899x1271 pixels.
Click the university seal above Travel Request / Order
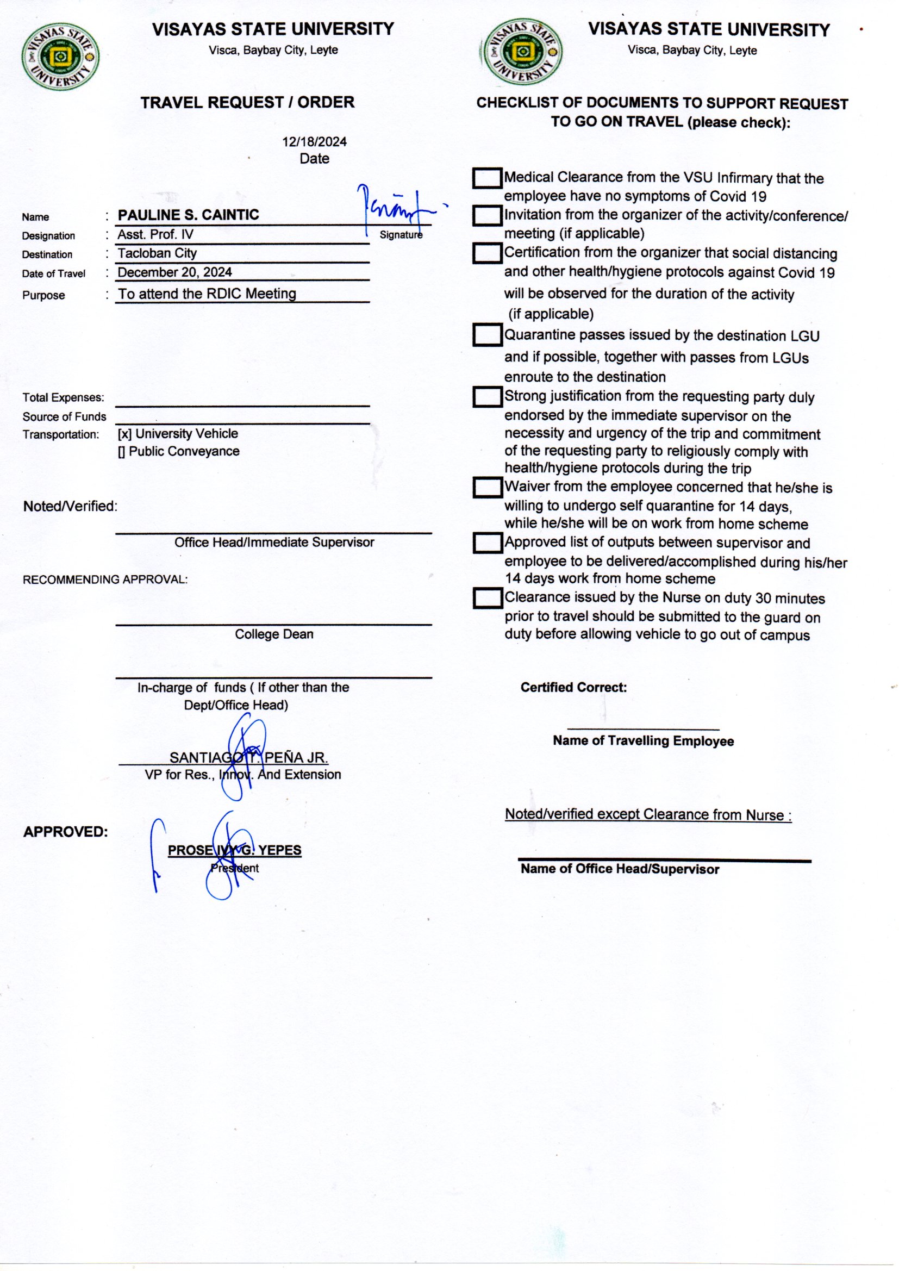tap(61, 57)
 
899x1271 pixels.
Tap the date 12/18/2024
tap(314, 142)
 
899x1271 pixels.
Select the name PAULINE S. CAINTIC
tap(188, 215)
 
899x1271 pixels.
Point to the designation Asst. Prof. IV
tap(155, 235)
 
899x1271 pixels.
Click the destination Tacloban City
tap(157, 253)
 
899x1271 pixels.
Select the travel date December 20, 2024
tap(174, 272)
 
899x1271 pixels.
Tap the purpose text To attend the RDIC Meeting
tap(207, 294)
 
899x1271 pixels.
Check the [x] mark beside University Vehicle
tap(124, 434)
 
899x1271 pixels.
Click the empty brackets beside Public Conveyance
tap(121, 452)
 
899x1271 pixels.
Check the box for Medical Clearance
tap(487, 178)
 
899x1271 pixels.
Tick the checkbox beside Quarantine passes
tap(487, 335)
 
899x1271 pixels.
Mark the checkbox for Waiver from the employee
tap(487, 487)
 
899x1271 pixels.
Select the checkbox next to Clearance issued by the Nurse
tap(487, 598)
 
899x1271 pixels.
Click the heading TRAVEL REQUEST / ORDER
tap(247, 102)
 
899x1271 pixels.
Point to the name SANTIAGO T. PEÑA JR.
tap(248, 758)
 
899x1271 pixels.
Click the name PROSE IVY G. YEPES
tap(235, 850)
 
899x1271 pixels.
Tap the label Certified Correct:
tap(573, 688)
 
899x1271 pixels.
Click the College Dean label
tap(274, 634)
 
